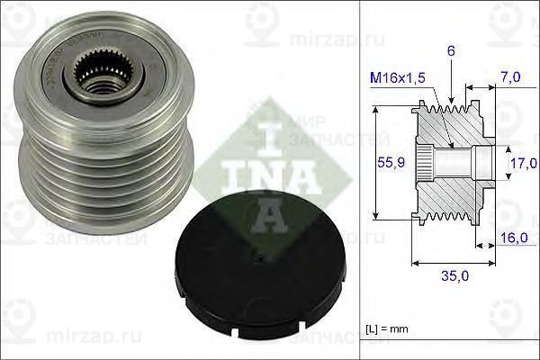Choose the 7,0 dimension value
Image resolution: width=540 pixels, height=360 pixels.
coord(512,79)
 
